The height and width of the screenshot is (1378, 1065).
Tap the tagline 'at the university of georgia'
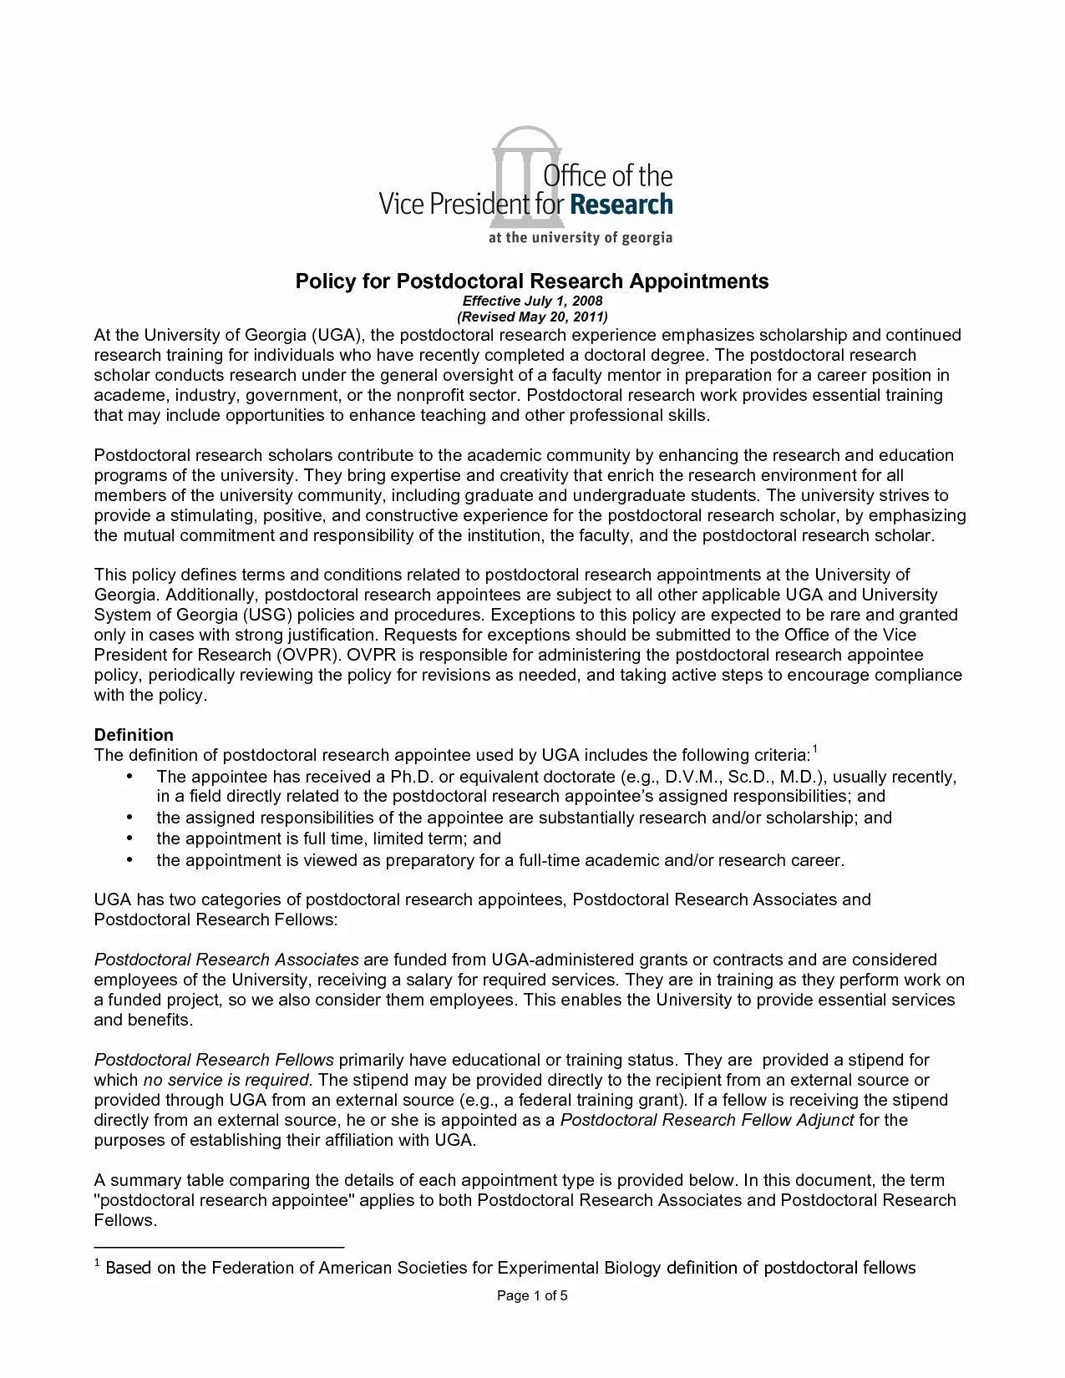[x=580, y=237]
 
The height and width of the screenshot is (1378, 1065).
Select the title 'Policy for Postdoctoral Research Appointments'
[x=532, y=281]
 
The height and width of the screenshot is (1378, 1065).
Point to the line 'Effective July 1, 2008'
[x=532, y=301]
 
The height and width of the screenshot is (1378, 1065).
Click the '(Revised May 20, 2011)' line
[x=532, y=317]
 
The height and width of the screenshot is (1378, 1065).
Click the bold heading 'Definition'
[x=134, y=735]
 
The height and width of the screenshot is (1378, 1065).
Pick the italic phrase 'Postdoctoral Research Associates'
[x=226, y=960]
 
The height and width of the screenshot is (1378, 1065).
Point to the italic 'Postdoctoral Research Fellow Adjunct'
[x=707, y=1120]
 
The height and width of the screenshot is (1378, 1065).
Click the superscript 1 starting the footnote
[x=98, y=1265]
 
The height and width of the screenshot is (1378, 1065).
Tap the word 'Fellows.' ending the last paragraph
[x=125, y=1220]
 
